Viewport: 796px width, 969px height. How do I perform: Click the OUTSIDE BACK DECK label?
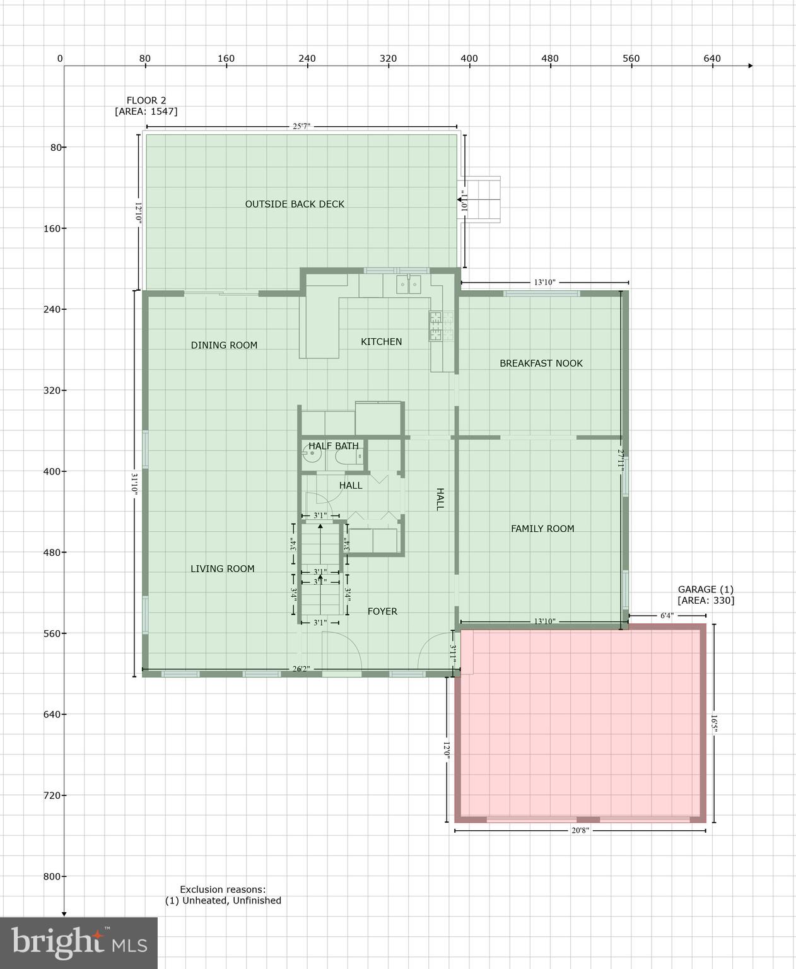click(x=295, y=204)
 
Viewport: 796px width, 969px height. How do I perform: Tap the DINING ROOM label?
click(x=224, y=345)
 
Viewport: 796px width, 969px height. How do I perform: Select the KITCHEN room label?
click(x=381, y=341)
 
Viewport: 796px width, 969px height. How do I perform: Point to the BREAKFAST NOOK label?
click(x=541, y=363)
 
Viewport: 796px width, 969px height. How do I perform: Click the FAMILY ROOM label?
click(x=542, y=529)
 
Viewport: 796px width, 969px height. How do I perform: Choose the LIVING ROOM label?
click(x=223, y=568)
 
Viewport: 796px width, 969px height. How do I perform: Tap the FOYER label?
click(x=382, y=611)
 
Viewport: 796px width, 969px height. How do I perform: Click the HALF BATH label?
click(x=333, y=446)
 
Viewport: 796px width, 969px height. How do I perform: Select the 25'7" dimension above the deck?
click(x=301, y=126)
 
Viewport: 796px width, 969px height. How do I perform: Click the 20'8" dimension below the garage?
click(x=580, y=831)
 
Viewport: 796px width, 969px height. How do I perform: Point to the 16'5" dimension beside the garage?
click(x=714, y=723)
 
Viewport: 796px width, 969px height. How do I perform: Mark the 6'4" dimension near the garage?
click(x=667, y=615)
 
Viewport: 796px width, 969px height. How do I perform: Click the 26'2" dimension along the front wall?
click(x=301, y=669)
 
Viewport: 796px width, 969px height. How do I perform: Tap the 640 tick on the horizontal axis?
click(x=712, y=59)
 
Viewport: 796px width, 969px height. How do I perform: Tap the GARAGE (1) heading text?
click(x=705, y=589)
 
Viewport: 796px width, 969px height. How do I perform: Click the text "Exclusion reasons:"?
click(x=223, y=889)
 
